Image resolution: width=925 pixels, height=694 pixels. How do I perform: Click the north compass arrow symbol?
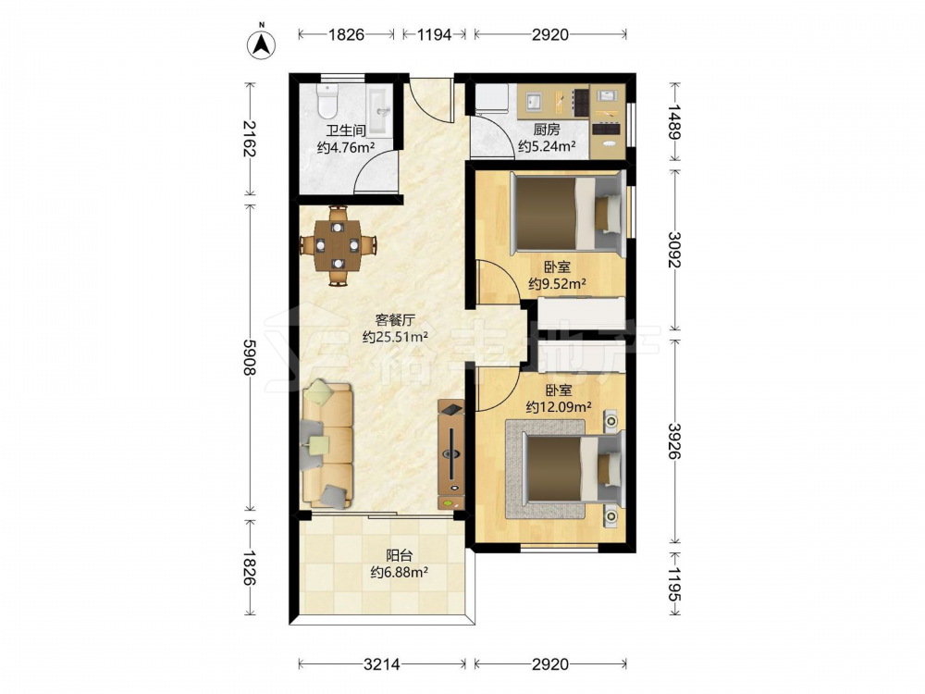tap(262, 43)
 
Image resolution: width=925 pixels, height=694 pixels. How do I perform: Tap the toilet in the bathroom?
tap(327, 101)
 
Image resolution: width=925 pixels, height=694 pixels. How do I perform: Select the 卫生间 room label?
tap(346, 130)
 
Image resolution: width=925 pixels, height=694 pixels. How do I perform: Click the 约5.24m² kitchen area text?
tap(547, 146)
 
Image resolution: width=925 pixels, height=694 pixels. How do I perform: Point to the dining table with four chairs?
tap(337, 245)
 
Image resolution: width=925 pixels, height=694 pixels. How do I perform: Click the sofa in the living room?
tap(327, 446)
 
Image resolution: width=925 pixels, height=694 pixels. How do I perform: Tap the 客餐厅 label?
tap(395, 320)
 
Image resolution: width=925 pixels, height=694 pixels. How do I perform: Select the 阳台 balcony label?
tap(400, 555)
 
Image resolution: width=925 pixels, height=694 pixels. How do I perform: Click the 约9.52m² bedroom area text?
tap(557, 284)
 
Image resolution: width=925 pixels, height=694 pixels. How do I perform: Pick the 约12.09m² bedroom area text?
tap(559, 407)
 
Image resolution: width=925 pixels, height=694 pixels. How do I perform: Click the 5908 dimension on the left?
tap(250, 357)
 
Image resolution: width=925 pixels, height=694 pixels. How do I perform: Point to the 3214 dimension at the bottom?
tap(382, 664)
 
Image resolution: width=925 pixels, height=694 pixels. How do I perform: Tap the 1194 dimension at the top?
tap(434, 35)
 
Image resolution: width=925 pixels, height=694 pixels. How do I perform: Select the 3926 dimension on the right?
tap(674, 440)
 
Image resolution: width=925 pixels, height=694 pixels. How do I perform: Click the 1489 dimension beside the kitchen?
tap(674, 121)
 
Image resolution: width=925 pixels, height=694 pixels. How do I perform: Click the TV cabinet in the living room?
tap(451, 453)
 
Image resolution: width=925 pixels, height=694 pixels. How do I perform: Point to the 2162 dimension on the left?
tap(250, 139)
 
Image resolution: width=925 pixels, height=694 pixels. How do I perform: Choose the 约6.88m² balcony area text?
tap(400, 573)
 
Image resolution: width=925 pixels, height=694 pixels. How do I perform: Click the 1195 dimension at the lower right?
tap(674, 584)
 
